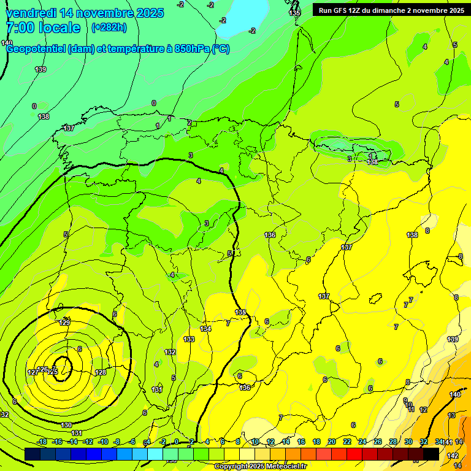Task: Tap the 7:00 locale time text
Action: (43, 28)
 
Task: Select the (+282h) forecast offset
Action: (109, 28)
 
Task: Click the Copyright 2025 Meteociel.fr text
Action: (260, 467)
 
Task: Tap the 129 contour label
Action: (64, 323)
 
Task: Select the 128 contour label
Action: (101, 372)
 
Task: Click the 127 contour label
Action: (33, 372)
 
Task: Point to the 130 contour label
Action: (67, 425)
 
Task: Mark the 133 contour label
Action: (189, 339)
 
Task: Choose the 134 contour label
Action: (205, 329)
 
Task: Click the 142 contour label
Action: (453, 456)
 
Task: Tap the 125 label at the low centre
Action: (53, 372)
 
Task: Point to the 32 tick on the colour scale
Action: (424, 442)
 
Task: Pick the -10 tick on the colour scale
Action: (103, 442)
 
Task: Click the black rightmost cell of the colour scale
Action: (431, 454)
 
